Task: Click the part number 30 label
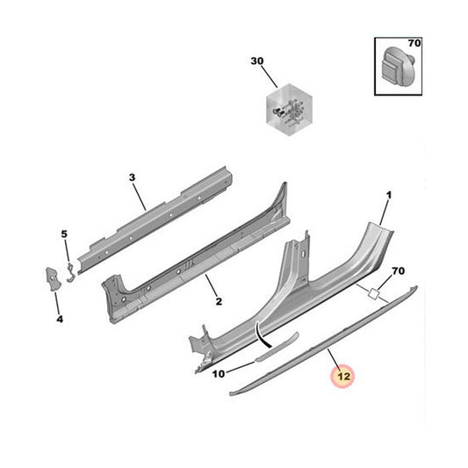click(x=257, y=61)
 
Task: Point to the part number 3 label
click(x=131, y=178)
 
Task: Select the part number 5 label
click(x=63, y=234)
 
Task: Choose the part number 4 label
click(x=60, y=319)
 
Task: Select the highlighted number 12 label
click(x=341, y=378)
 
